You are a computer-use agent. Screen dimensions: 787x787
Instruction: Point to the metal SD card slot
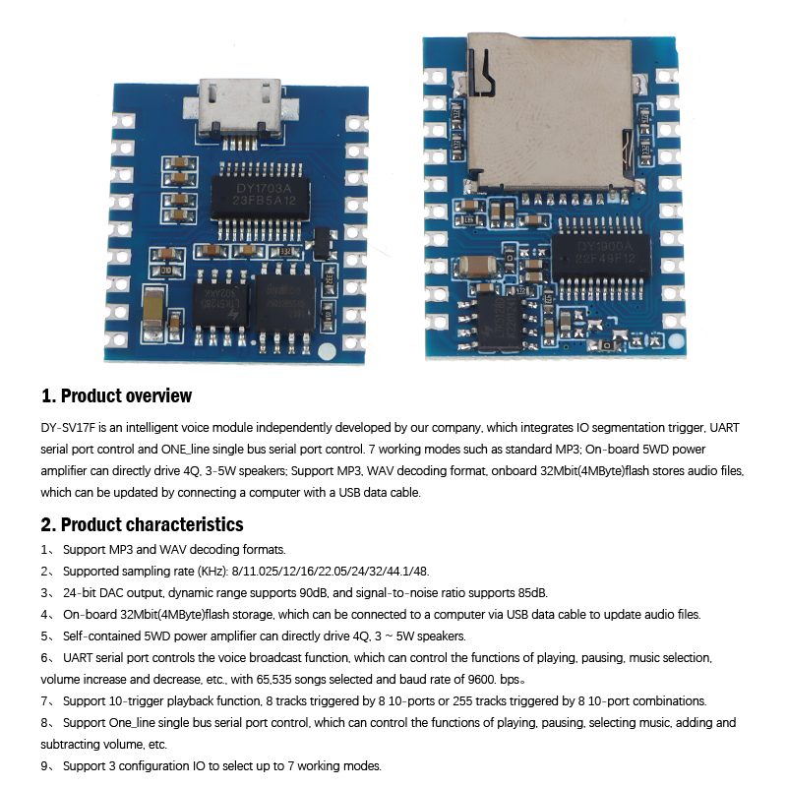[550, 111]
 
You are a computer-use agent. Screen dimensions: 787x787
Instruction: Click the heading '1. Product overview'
[116, 395]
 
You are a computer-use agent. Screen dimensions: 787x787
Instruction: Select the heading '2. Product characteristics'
[142, 524]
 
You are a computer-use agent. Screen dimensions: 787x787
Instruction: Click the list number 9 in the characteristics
[44, 766]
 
